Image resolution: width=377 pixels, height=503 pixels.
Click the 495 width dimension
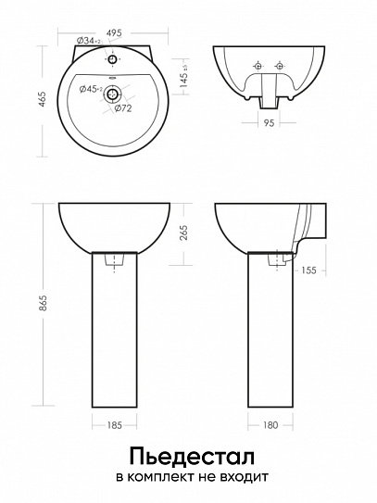(x=114, y=32)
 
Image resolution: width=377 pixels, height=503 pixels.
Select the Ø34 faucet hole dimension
(x=89, y=41)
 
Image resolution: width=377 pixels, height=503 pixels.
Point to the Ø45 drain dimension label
(x=91, y=90)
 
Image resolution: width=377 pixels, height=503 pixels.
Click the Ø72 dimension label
(x=123, y=108)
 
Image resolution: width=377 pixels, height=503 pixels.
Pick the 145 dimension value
(x=183, y=81)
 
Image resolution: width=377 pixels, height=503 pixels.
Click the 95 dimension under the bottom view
(x=269, y=123)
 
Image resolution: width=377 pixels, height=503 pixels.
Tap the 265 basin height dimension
(x=183, y=233)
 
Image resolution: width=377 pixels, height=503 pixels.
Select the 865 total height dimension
(x=43, y=303)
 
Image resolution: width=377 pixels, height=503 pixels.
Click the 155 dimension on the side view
(x=308, y=270)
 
